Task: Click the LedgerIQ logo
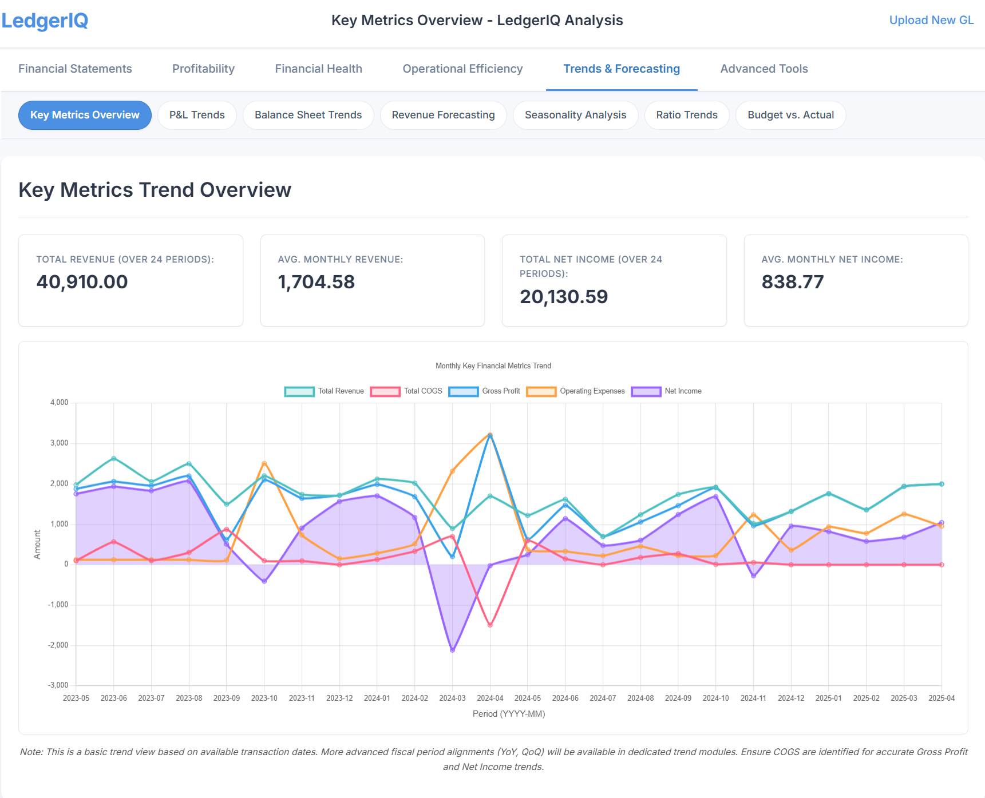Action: tap(45, 21)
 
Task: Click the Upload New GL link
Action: tap(931, 20)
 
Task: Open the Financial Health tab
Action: tap(318, 69)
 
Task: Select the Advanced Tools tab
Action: tap(764, 69)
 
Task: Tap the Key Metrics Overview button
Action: tap(85, 115)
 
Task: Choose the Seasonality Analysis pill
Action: tap(575, 115)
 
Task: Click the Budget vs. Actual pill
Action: tap(790, 115)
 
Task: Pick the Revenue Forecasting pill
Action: tap(443, 115)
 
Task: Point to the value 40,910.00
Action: tap(82, 282)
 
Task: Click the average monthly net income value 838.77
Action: tap(792, 282)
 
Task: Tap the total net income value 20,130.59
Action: tap(563, 297)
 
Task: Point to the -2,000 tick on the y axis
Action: tap(58, 645)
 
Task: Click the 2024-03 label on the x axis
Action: tap(452, 698)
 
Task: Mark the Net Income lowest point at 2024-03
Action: tap(452, 650)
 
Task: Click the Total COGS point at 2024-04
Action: tap(490, 625)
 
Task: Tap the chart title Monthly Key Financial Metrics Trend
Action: tap(493, 366)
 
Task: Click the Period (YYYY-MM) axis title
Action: tap(508, 714)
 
